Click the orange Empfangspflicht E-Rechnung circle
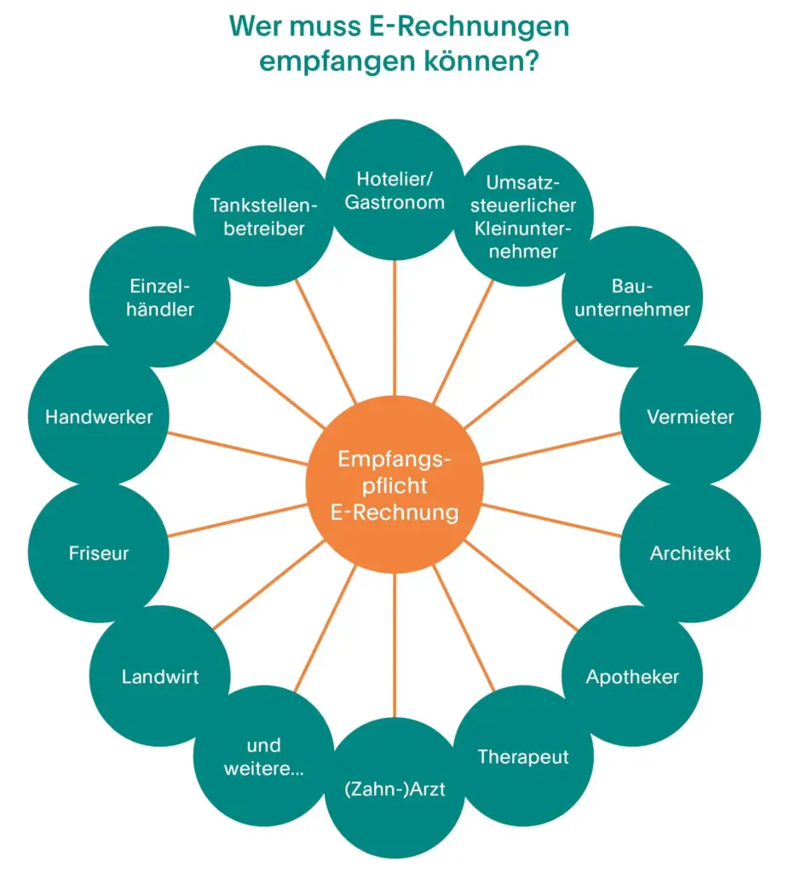[395, 486]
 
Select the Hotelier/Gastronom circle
[395, 191]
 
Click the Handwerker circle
[99, 416]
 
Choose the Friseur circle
[99, 552]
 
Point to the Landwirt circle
[160, 676]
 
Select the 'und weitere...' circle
[263, 756]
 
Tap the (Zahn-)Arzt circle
[395, 788]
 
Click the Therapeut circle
[523, 756]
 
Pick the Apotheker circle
[632, 676]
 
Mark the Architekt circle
[690, 552]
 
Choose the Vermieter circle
[690, 416]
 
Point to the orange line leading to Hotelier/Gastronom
[395, 332]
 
